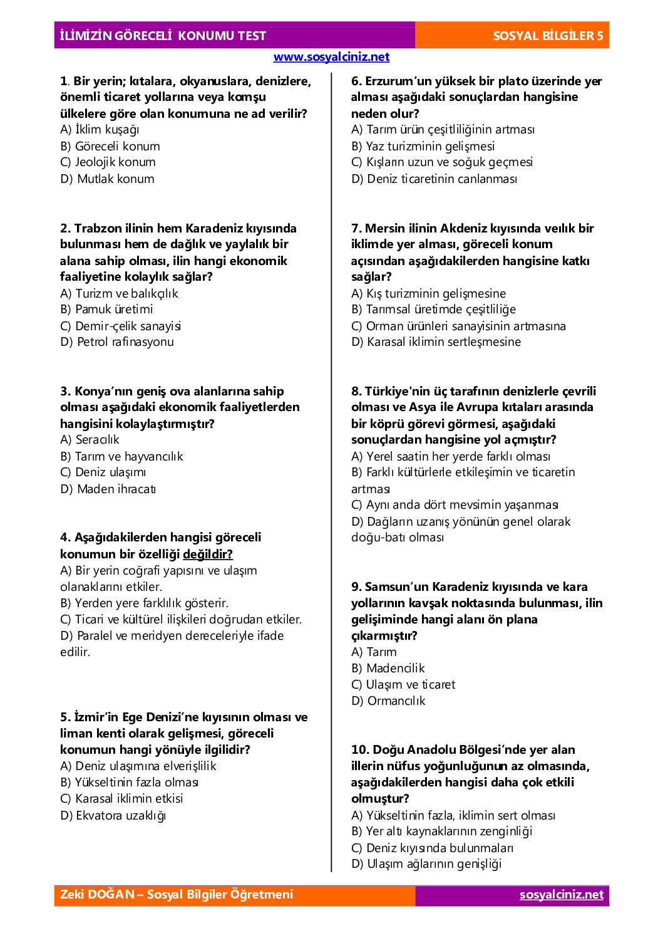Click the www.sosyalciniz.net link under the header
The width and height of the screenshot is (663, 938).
[331, 57]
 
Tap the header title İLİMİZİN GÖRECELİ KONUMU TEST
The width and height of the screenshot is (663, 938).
[163, 36]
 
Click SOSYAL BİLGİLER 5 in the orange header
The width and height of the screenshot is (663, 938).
[548, 36]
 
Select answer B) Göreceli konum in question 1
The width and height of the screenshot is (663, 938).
[110, 146]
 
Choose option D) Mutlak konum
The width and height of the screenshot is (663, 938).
[107, 179]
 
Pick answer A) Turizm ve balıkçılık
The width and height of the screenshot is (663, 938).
[119, 293]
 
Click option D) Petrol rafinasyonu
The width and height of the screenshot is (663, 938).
[117, 341]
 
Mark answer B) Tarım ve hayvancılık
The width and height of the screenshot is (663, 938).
[121, 456]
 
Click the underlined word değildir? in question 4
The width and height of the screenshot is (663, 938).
[208, 554]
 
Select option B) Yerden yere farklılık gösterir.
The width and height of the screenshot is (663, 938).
[144, 603]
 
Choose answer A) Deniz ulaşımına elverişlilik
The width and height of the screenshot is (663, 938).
[138, 766]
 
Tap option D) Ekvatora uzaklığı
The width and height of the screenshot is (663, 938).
[113, 815]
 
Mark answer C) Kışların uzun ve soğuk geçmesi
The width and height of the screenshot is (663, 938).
[442, 162]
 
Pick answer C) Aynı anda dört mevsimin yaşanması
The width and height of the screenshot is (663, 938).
[455, 505]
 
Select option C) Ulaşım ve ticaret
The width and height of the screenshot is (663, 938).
[403, 684]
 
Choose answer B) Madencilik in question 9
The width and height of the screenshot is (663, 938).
[388, 668]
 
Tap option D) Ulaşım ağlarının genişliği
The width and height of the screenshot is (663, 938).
[427, 863]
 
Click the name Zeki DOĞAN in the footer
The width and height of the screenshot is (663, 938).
[97, 894]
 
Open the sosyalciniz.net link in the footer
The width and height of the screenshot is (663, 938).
[562, 895]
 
